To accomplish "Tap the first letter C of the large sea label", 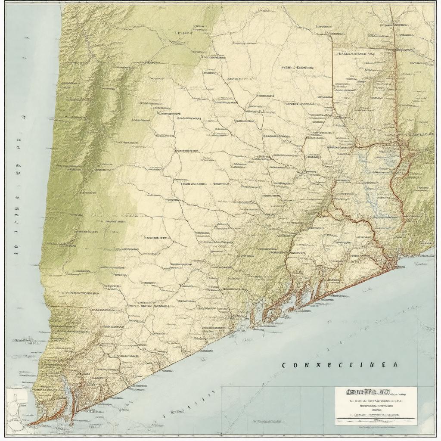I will [x=284, y=365].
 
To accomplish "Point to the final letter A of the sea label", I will [x=395, y=365].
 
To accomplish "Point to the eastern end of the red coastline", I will [x=394, y=267].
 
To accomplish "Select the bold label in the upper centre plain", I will [x=298, y=68].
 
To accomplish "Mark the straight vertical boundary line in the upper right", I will [x=332, y=78].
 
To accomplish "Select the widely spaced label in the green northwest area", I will [x=183, y=33].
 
